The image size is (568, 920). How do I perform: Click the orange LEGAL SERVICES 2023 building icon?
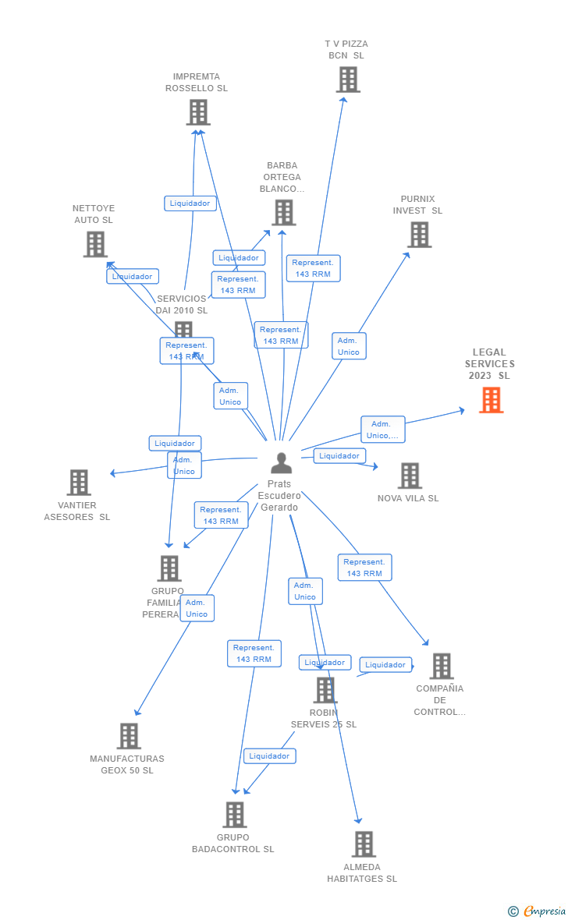point(491,400)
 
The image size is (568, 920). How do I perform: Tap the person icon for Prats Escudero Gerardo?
point(281,463)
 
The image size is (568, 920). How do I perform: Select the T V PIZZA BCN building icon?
point(348,80)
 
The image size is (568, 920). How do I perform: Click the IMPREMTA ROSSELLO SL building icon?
point(198,112)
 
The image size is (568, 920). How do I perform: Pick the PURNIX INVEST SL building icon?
point(419,235)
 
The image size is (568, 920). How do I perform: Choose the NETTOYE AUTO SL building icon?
point(95,244)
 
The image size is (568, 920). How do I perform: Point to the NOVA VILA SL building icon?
point(410,476)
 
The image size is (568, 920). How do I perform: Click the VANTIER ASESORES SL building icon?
point(79,483)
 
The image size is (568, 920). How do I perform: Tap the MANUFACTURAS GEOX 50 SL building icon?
point(129,736)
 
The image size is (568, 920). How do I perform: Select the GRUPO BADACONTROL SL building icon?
point(234,815)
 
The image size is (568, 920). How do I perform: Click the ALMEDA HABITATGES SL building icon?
point(363,844)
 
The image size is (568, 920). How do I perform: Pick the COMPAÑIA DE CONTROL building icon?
point(441,666)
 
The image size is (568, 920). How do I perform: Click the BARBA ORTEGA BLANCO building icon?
point(283,212)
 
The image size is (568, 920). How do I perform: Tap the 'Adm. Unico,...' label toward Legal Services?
point(382,430)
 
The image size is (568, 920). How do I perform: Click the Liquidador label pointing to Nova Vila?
point(339,456)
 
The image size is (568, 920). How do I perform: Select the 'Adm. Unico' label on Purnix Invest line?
point(348,346)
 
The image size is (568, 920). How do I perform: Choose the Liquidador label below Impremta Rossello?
point(190,203)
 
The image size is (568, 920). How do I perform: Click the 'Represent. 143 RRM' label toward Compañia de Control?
point(364,568)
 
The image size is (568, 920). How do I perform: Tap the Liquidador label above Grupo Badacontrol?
point(269,756)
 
